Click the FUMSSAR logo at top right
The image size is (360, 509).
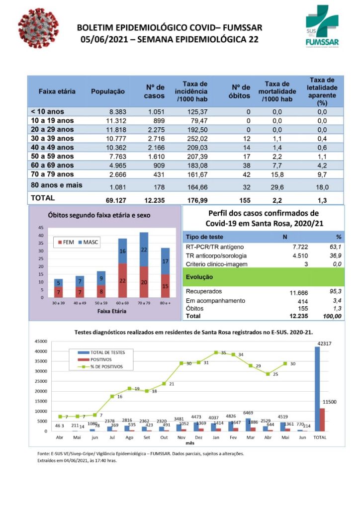pyautogui.click(x=322, y=26)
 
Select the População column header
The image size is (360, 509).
pyautogui.click(x=107, y=92)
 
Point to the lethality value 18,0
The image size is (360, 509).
pyautogui.click(x=322, y=187)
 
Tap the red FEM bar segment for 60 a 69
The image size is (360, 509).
pyautogui.click(x=122, y=280)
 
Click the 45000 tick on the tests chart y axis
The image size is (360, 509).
pyautogui.click(x=40, y=341)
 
